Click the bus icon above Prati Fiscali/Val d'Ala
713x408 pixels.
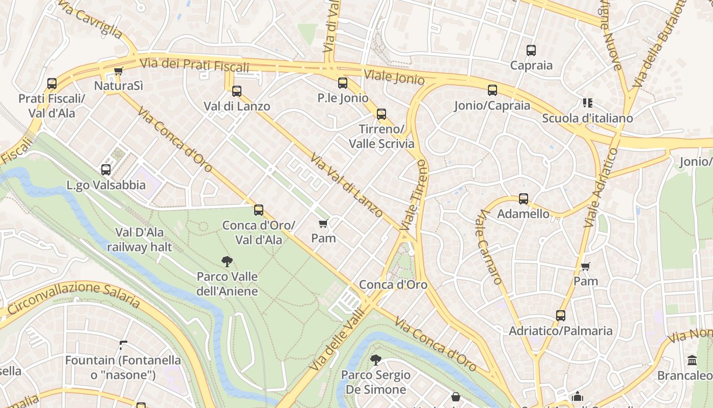(x=52, y=83)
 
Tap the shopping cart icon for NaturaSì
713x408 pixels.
(x=118, y=71)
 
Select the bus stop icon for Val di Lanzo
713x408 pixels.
(x=237, y=91)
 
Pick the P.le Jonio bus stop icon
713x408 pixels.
(x=343, y=83)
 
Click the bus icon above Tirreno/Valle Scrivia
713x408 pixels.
(x=381, y=114)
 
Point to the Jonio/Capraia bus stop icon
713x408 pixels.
(x=492, y=90)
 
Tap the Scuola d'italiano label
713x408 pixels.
(x=587, y=118)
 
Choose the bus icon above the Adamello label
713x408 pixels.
(x=524, y=199)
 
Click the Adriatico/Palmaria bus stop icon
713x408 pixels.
(x=561, y=316)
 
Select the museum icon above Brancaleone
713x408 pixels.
(x=692, y=361)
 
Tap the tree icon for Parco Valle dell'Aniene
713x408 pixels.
(x=227, y=262)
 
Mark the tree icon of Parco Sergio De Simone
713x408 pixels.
(x=376, y=360)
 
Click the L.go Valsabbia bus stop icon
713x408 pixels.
(x=106, y=170)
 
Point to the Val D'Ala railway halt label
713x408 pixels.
(x=140, y=240)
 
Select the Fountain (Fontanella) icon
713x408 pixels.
(x=123, y=345)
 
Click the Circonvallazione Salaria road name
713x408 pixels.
(x=74, y=295)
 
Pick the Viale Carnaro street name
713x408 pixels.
(x=488, y=248)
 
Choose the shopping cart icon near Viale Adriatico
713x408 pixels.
(x=586, y=266)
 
